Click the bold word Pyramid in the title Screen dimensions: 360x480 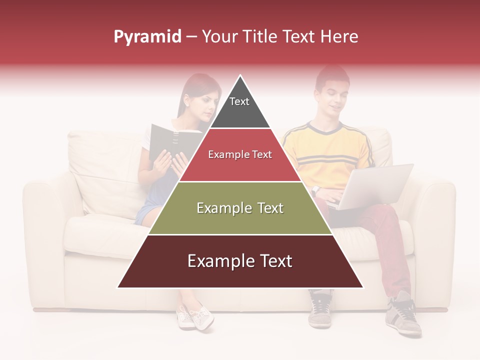click(x=147, y=37)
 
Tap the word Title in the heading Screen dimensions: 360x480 click(x=261, y=37)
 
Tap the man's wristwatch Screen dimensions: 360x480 click(x=315, y=190)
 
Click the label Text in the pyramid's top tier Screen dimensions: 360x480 click(x=239, y=101)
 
